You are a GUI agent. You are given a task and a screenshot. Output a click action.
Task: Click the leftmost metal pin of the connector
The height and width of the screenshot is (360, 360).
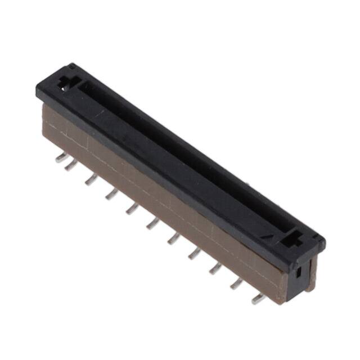pyautogui.click(x=61, y=158)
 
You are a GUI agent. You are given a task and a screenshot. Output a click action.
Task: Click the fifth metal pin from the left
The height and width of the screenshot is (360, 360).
pyautogui.click(x=132, y=209)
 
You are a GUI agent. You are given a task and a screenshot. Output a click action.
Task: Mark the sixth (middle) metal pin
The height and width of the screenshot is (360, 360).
pyautogui.click(x=152, y=224)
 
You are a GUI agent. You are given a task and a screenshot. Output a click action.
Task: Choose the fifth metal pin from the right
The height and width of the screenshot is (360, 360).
pyautogui.click(x=173, y=238)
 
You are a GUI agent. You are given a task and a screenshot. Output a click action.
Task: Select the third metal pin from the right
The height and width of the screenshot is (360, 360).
pyautogui.click(x=215, y=268)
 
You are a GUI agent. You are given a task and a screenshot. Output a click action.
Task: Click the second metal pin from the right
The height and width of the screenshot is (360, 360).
pyautogui.click(x=237, y=283)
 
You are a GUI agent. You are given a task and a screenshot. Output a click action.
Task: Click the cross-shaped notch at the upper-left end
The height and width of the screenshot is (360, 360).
pyautogui.click(x=66, y=82)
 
